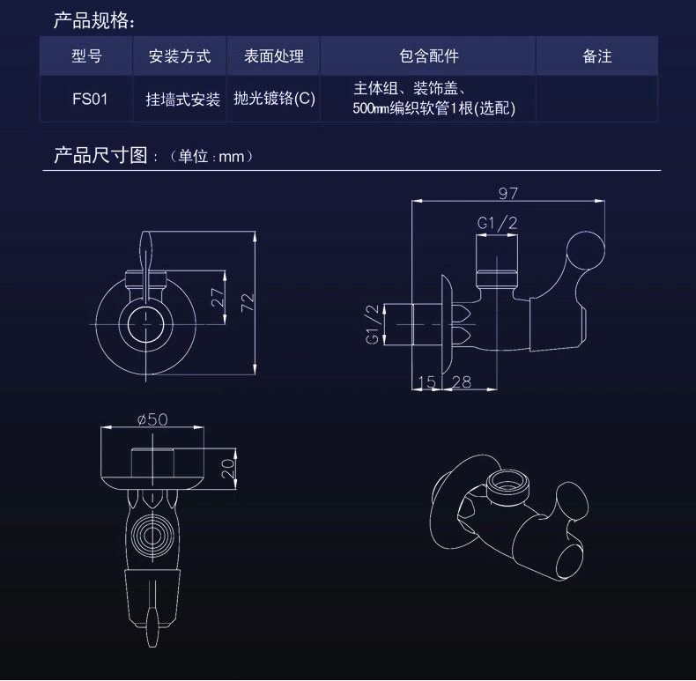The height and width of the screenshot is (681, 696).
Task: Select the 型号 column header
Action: point(86,56)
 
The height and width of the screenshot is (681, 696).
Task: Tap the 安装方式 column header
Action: point(180,56)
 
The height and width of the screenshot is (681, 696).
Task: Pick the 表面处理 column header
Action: point(273,56)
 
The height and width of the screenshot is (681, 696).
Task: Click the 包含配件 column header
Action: point(428,56)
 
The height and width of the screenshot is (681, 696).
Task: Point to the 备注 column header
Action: point(596,56)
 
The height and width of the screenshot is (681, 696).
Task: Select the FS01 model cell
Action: point(86,99)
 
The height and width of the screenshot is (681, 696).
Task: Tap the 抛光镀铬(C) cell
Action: point(273,99)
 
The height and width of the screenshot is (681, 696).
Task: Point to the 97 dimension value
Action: point(508,193)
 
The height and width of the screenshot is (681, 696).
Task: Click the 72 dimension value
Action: point(248,301)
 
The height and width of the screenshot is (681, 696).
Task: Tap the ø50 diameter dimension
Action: point(152,419)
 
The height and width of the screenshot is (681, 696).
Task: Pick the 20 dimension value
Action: point(228,468)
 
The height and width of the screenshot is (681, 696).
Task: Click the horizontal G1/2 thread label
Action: point(496,224)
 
